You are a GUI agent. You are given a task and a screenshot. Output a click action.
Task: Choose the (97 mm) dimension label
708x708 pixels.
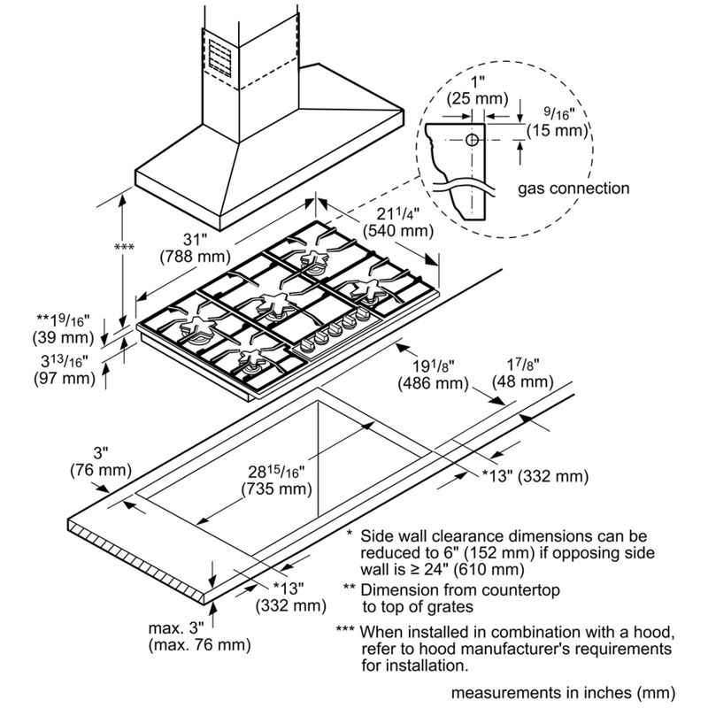point(64,379)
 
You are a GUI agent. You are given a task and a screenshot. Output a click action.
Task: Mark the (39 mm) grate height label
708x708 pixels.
point(64,336)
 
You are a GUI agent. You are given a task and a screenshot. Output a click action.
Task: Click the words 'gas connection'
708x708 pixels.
point(574,188)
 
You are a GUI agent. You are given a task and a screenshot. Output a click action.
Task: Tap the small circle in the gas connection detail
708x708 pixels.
point(472,140)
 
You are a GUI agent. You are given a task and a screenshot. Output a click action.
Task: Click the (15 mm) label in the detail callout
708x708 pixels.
point(558,131)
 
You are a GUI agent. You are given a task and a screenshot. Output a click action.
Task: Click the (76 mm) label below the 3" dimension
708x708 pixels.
point(100,469)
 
